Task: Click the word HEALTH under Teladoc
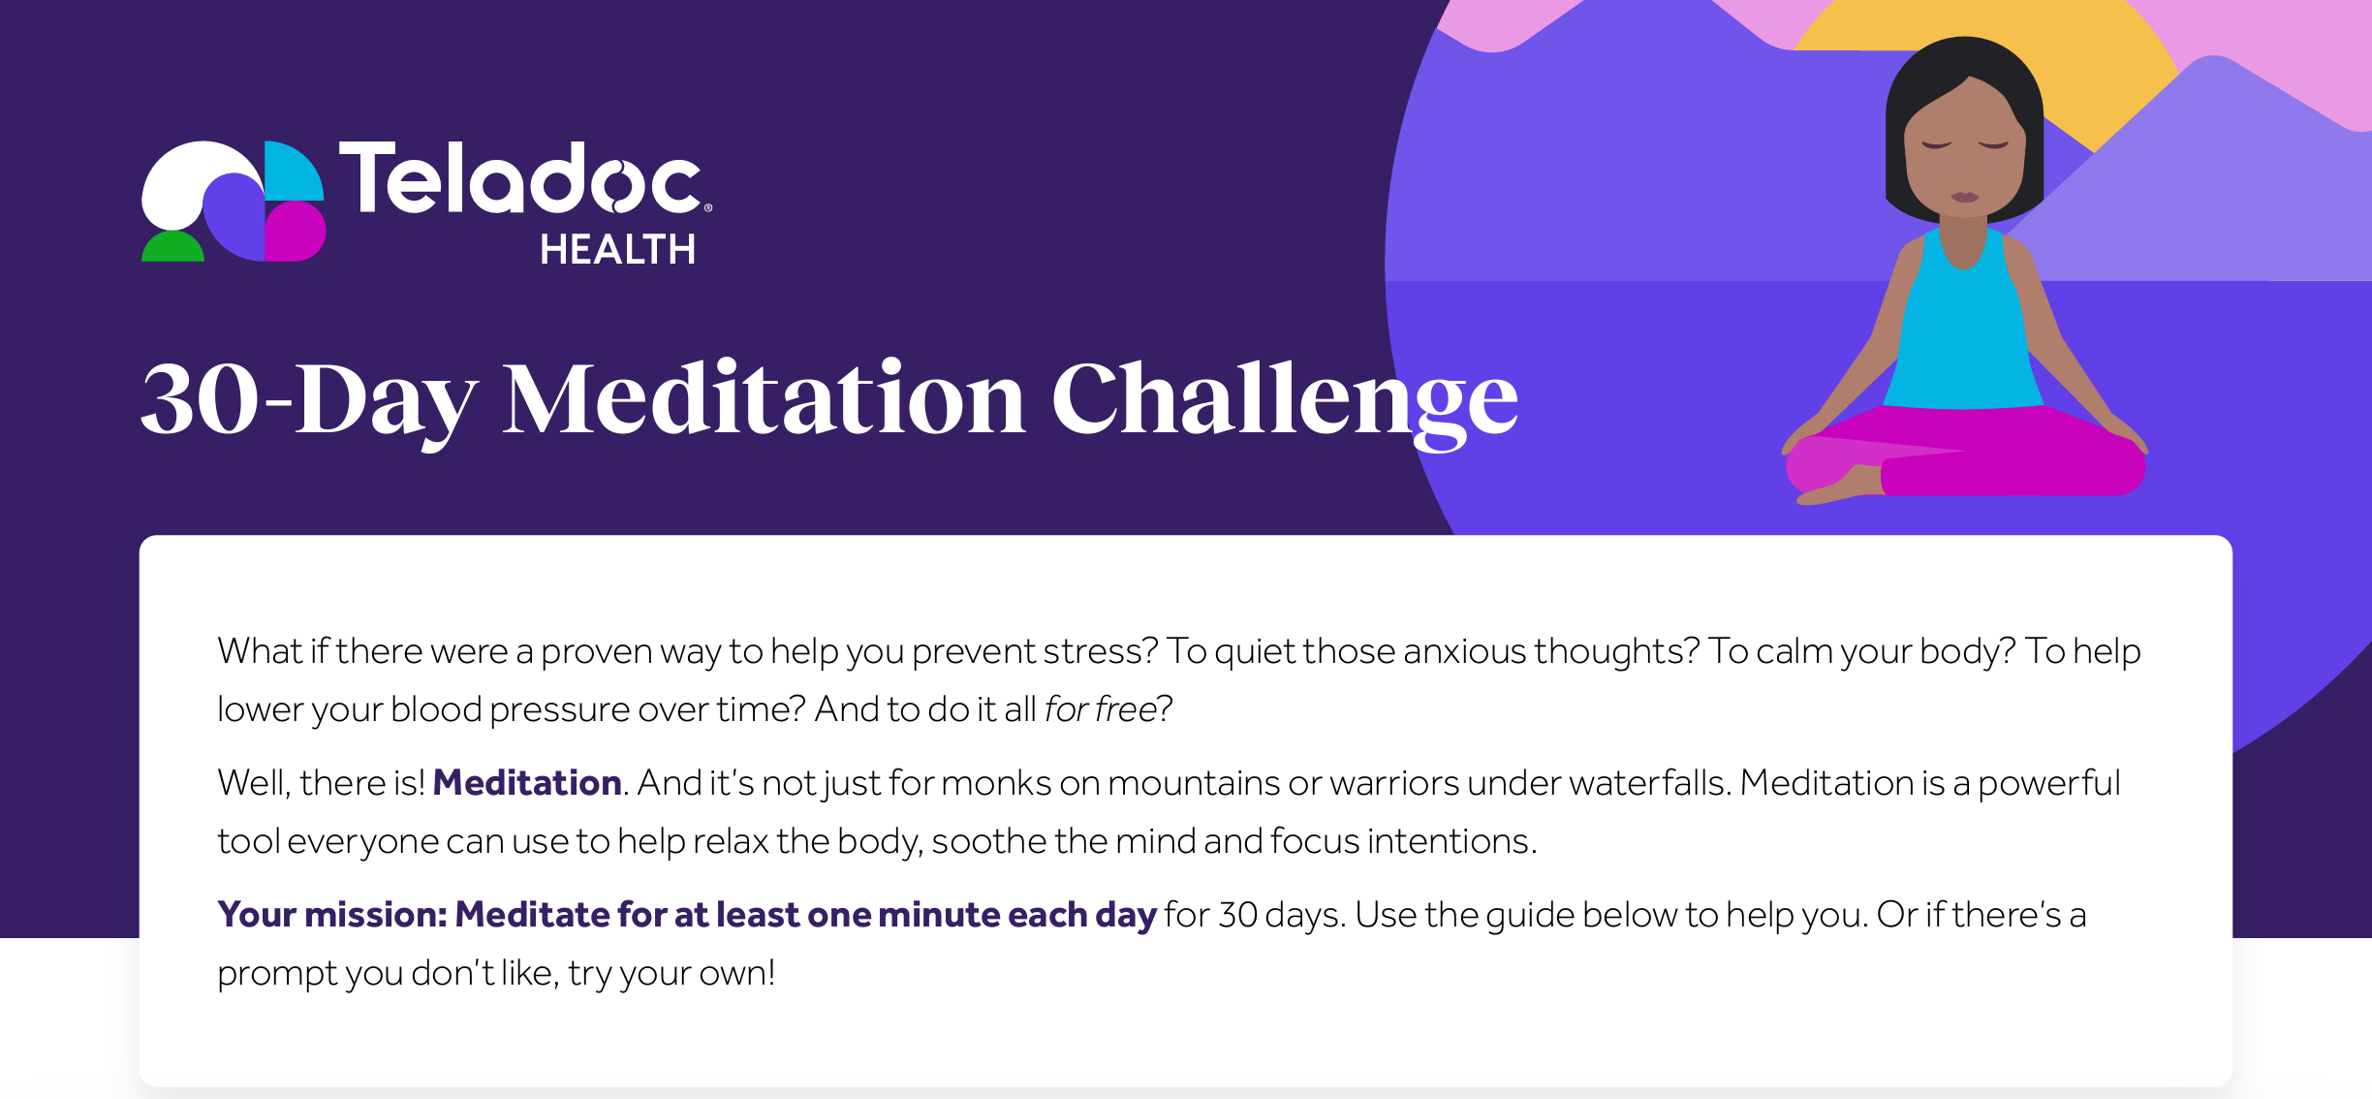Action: click(x=617, y=250)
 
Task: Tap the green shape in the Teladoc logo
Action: click(x=172, y=247)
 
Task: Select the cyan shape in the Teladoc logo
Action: click(x=293, y=172)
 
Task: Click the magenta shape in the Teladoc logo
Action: click(x=294, y=233)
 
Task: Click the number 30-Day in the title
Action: click(x=309, y=399)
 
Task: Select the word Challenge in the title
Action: click(x=1284, y=399)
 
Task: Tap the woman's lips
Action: click(x=1964, y=197)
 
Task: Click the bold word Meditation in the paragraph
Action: click(x=527, y=782)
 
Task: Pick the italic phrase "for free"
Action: click(x=1101, y=709)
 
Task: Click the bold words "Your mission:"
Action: click(x=332, y=914)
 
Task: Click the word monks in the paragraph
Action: click(x=996, y=782)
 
